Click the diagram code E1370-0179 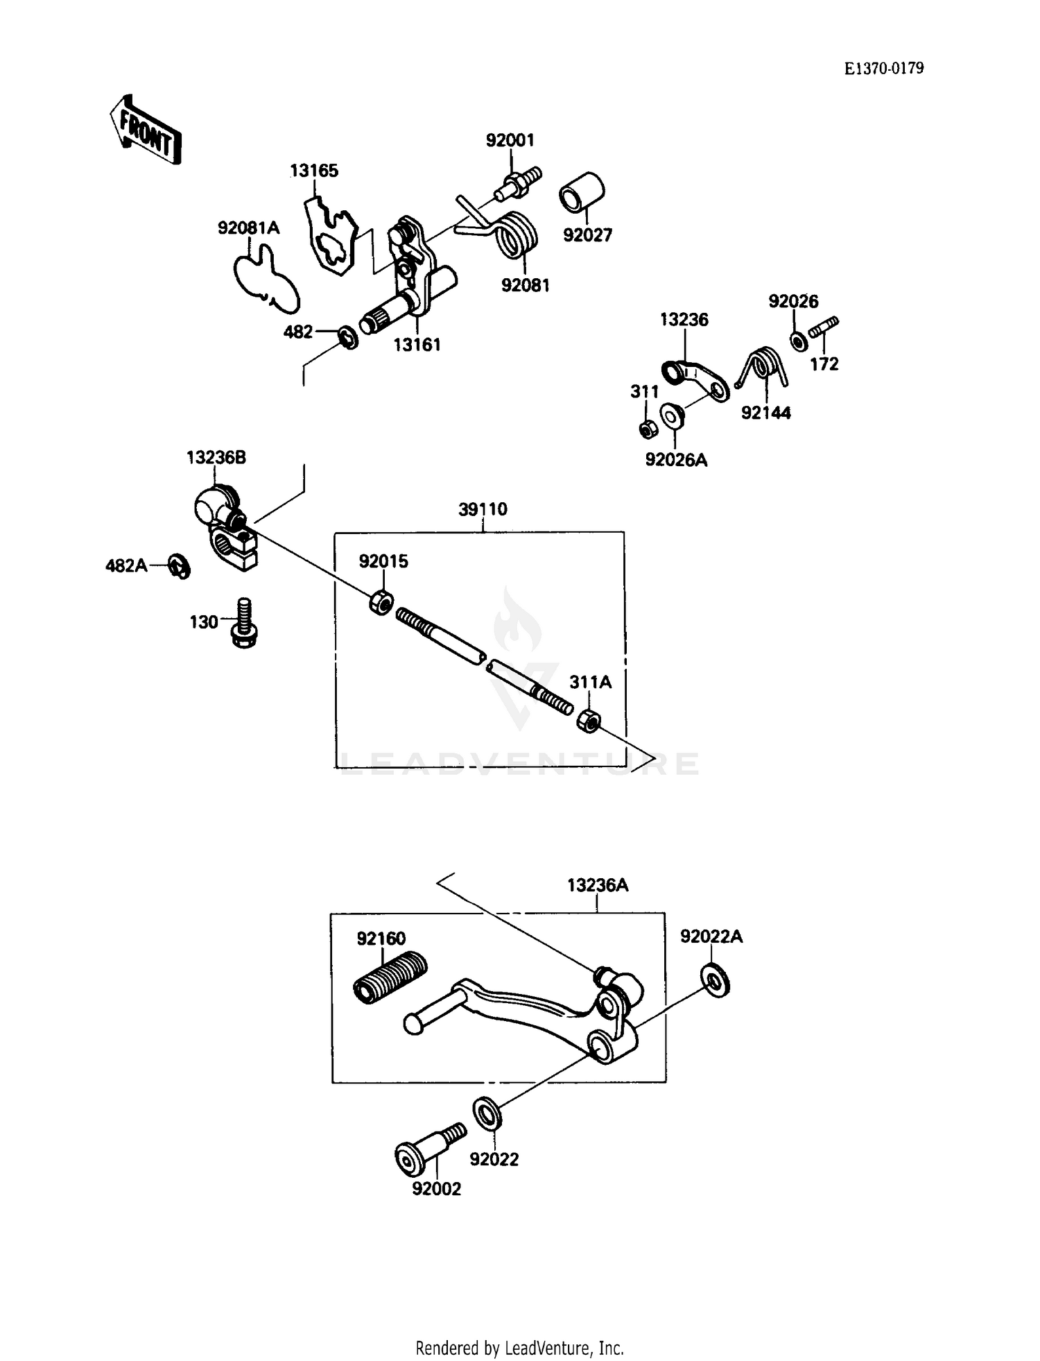883,68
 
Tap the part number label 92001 510,140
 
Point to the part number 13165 313,171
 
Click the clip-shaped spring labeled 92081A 266,279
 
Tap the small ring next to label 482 348,337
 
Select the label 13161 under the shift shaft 417,344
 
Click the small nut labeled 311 648,429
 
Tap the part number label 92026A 675,460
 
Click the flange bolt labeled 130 243,622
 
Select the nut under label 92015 381,602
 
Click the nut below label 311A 589,721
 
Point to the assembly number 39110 483,509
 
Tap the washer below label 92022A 716,980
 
